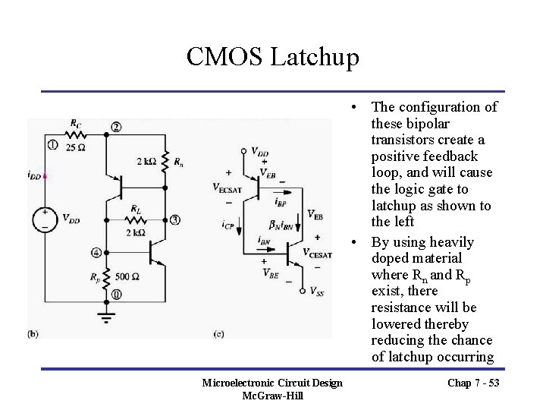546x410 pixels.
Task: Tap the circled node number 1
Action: click(52, 143)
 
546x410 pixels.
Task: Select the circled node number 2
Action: click(115, 127)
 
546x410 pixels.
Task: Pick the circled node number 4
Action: click(96, 252)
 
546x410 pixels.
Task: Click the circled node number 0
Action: click(115, 294)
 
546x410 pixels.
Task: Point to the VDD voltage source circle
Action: click(48, 219)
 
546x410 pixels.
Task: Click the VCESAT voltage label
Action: click(318, 252)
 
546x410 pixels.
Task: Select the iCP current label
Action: click(229, 225)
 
